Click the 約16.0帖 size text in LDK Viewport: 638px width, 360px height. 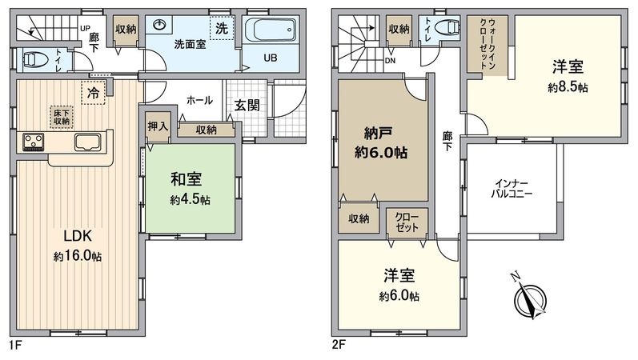click(78, 256)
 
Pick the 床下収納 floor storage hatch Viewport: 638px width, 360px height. click(61, 116)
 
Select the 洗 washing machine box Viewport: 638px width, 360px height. click(223, 25)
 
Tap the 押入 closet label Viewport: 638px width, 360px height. click(158, 126)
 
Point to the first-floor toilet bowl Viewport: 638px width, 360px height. click(34, 59)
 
